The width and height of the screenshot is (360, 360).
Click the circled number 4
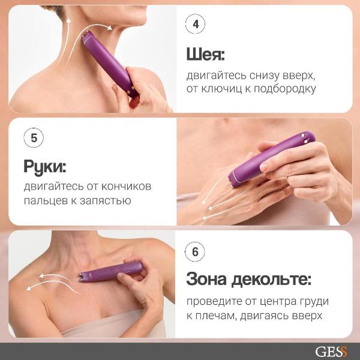coord(194,25)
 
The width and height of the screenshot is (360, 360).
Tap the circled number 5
coord(34,137)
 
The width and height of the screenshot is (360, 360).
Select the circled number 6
coord(194,252)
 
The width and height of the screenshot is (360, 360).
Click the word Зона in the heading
coord(211,280)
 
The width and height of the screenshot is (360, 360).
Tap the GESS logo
coord(331,351)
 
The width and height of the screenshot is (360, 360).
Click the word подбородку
coord(286,89)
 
